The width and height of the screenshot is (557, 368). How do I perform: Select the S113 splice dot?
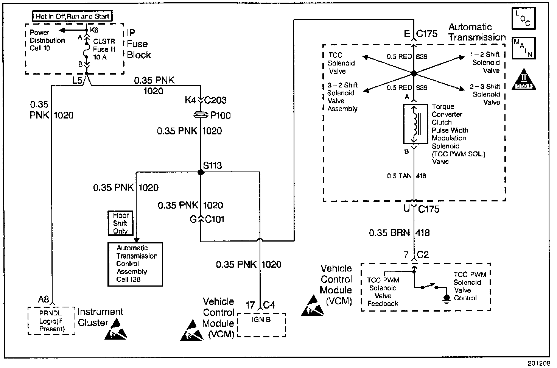[x=201, y=172]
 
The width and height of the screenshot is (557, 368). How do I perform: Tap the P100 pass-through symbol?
[x=201, y=115]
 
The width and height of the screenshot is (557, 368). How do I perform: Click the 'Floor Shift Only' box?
[x=120, y=223]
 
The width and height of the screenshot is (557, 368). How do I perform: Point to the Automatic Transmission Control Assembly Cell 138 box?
[x=135, y=264]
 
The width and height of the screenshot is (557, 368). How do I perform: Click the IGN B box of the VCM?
[x=261, y=324]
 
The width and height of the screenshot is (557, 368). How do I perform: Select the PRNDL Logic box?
[x=52, y=321]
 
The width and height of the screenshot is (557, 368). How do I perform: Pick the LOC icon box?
[x=523, y=18]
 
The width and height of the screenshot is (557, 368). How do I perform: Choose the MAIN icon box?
[x=523, y=48]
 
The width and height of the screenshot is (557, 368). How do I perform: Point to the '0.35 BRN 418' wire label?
[x=399, y=232]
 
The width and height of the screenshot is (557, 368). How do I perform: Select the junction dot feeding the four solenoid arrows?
[x=414, y=73]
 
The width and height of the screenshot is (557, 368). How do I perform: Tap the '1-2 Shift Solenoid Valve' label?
[x=485, y=62]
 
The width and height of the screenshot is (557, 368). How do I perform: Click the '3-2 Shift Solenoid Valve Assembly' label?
[x=342, y=97]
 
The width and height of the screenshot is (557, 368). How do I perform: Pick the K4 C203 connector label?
[x=205, y=100]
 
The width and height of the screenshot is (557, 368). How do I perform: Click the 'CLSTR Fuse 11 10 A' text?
[x=104, y=49]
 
